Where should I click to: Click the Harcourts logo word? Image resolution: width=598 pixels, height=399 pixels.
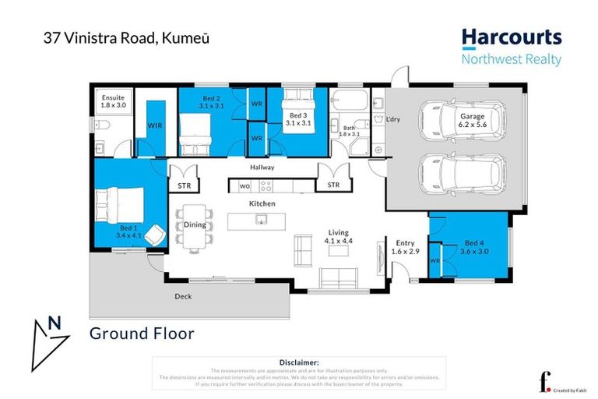click(511, 37)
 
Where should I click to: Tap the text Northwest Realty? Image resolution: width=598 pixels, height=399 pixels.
click(511, 58)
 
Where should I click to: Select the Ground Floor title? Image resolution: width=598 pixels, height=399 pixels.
click(141, 334)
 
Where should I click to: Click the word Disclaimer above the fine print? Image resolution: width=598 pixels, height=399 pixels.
click(298, 362)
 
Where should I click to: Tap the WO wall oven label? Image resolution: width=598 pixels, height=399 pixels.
click(244, 186)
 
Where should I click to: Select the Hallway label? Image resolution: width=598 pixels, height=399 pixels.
click(262, 168)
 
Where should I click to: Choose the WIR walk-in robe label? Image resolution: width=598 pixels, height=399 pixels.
click(153, 125)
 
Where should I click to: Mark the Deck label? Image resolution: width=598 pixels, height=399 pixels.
click(182, 296)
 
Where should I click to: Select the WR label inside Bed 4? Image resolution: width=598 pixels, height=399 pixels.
click(434, 260)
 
